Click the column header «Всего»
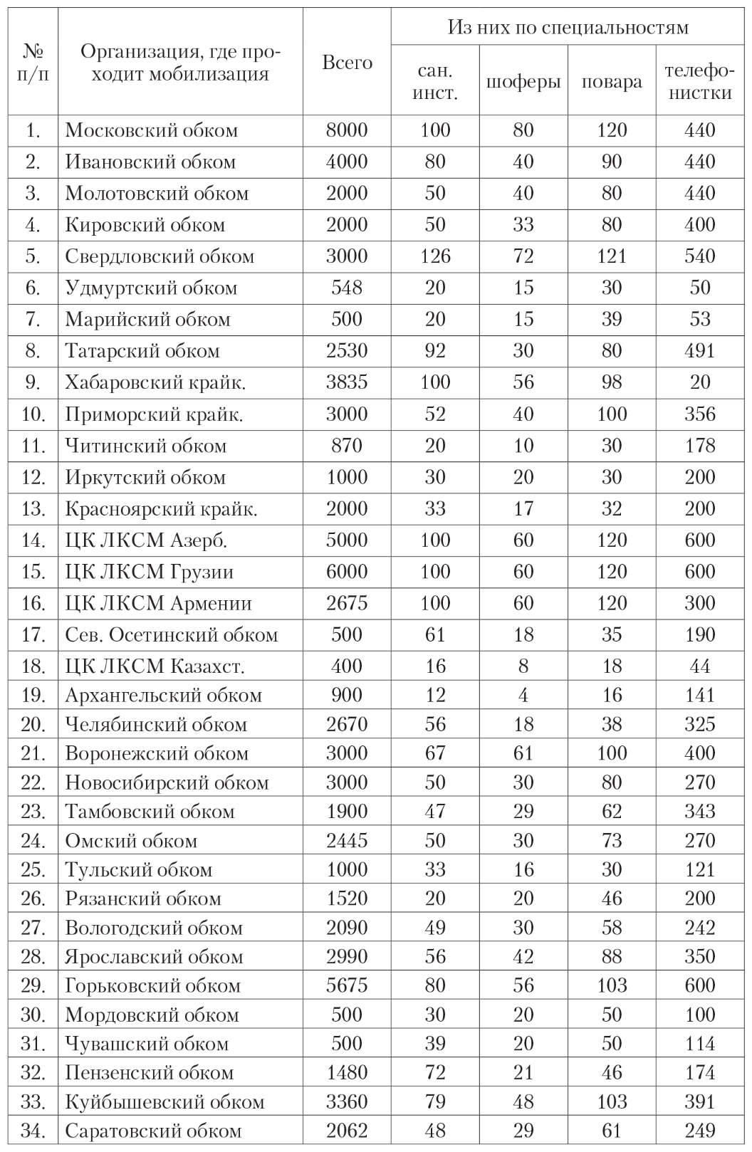click(347, 63)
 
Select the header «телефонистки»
click(699, 82)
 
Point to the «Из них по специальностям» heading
click(568, 28)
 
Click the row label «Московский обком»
click(151, 130)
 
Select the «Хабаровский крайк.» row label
click(155, 382)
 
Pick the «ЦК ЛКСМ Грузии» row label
click(149, 572)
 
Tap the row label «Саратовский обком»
click(153, 1131)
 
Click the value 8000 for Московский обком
click(347, 130)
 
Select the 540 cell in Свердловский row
click(700, 256)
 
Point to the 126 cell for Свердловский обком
click(434, 256)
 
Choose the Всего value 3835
click(347, 382)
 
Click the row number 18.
click(33, 666)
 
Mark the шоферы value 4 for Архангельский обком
click(523, 696)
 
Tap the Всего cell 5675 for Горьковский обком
click(347, 986)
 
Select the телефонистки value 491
click(700, 351)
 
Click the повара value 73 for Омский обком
click(612, 841)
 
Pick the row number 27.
click(33, 928)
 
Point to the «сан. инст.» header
click(434, 82)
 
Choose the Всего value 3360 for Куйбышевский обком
click(347, 1102)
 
